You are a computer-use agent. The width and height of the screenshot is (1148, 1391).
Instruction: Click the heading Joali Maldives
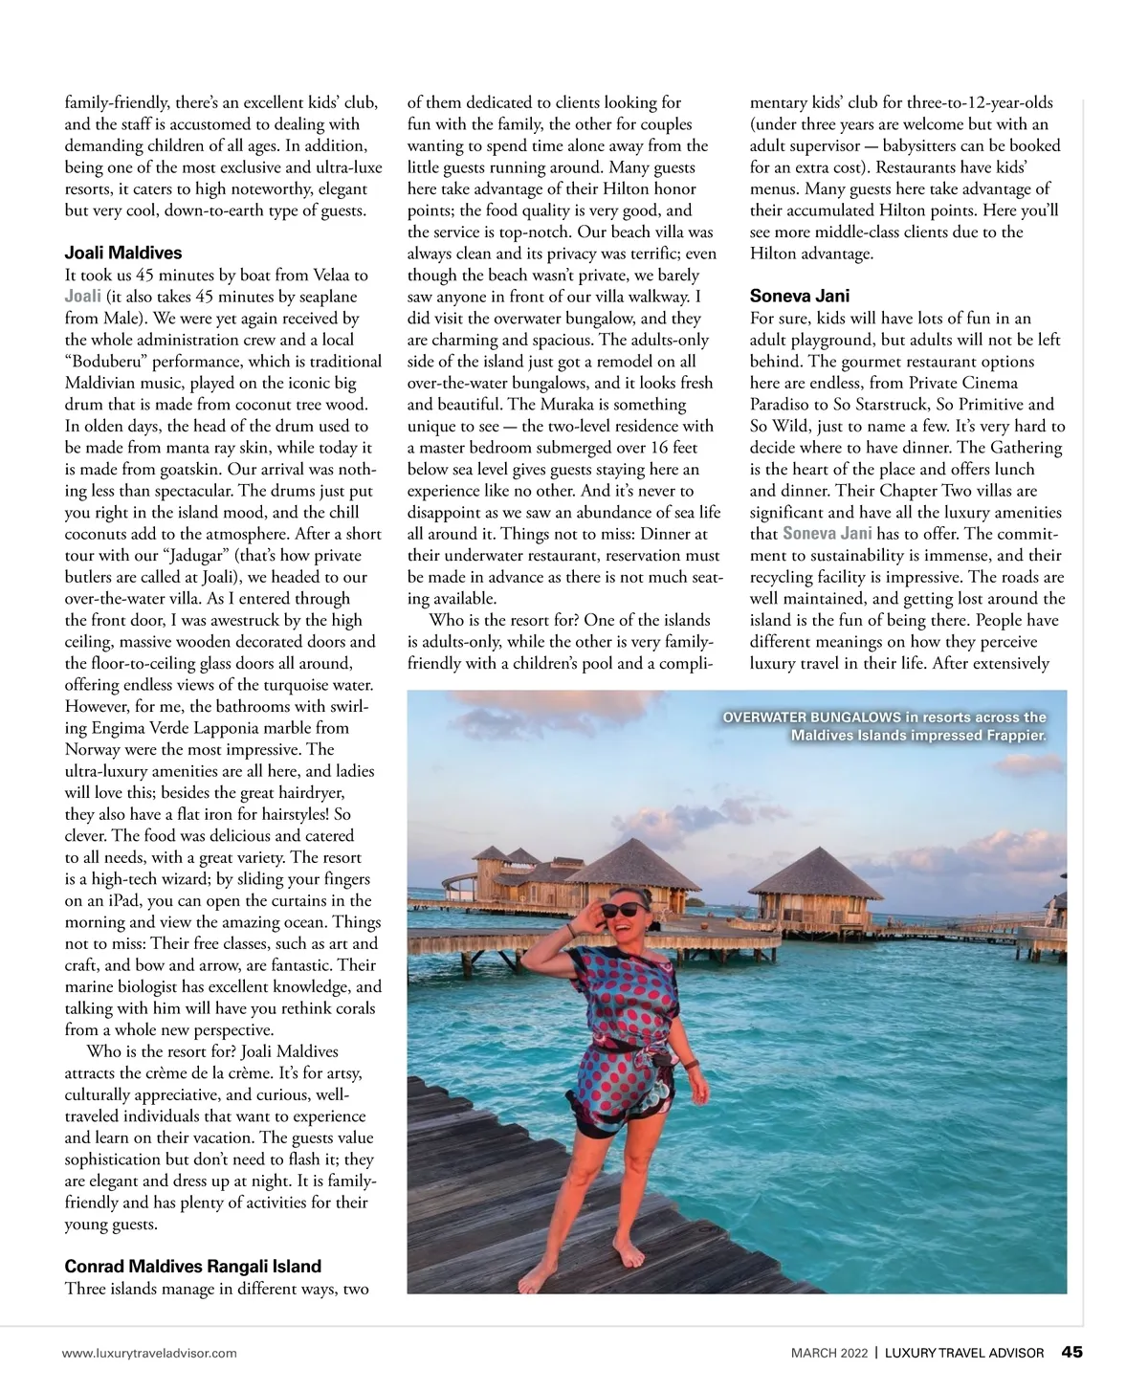click(x=122, y=254)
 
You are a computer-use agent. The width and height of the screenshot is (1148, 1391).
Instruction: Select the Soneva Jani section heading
click(x=799, y=297)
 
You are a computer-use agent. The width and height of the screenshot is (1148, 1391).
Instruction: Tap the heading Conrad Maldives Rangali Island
click(x=192, y=1267)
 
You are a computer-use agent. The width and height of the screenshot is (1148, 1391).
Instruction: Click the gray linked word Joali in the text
click(x=82, y=297)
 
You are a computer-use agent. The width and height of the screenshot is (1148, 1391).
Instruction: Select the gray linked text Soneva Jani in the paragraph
click(x=827, y=534)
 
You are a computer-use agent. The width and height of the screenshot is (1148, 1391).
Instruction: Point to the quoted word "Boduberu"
click(x=107, y=362)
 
